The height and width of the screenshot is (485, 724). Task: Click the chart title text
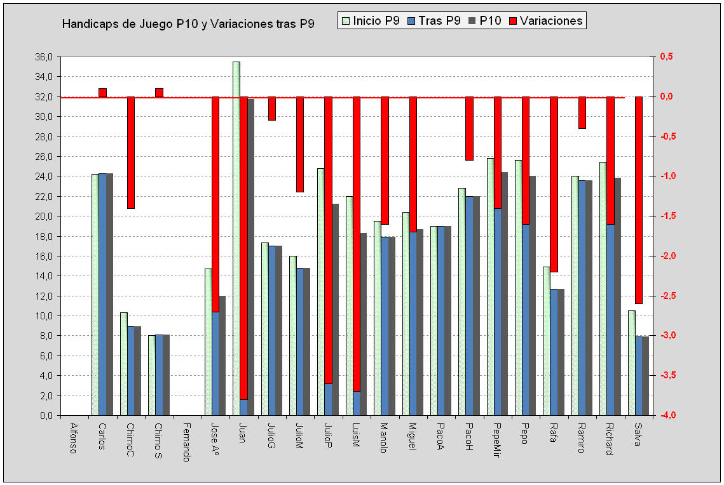pos(188,23)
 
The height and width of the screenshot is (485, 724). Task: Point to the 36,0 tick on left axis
pos(45,57)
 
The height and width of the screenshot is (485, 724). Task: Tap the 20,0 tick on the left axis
pos(45,216)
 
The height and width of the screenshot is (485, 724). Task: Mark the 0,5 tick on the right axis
pos(667,57)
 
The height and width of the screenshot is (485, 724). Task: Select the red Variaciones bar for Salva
pos(638,200)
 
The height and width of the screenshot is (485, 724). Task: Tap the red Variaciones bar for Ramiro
pos(582,112)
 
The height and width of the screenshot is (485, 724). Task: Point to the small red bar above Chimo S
pos(159,93)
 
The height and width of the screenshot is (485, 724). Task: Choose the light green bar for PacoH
pos(462,302)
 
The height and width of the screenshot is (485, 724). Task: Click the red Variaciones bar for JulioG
pos(272,109)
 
